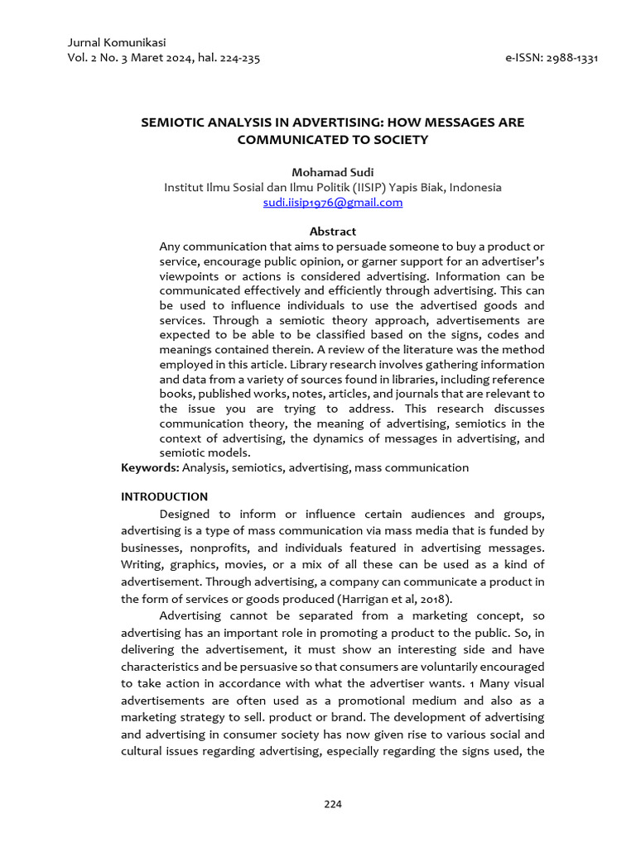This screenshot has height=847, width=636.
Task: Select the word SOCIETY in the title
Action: [x=401, y=140]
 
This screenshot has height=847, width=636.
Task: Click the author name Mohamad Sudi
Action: [x=332, y=172]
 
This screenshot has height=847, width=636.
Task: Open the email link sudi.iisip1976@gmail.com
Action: [x=332, y=202]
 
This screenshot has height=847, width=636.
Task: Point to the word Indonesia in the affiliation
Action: [x=475, y=187]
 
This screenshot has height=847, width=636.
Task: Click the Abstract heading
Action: [x=332, y=232]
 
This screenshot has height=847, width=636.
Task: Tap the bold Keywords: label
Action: [x=150, y=467]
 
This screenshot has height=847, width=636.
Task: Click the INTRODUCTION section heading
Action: [x=164, y=497]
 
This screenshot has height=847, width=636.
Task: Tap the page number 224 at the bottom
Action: [x=332, y=804]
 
